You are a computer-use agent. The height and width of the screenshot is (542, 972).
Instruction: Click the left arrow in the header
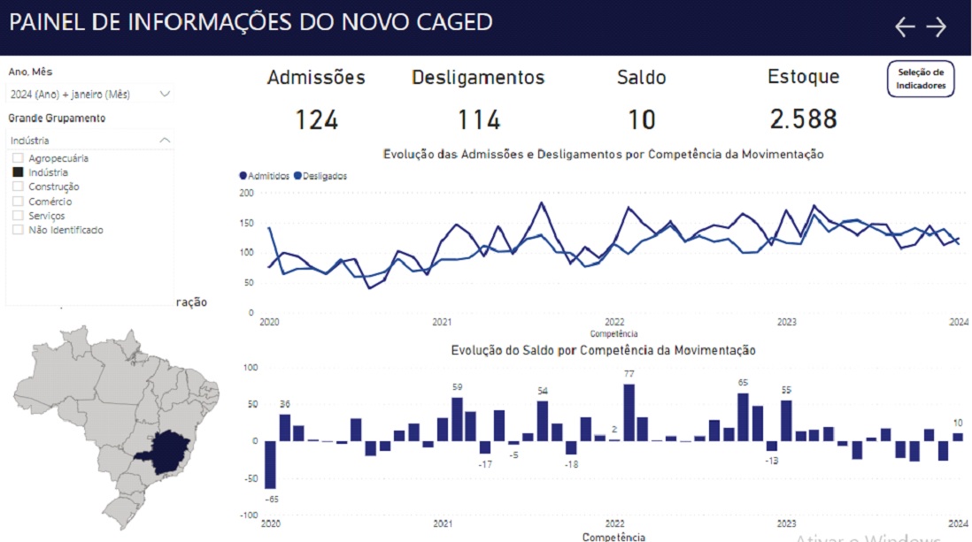[x=904, y=27]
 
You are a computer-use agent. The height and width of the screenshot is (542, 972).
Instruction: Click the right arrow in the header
[x=936, y=27]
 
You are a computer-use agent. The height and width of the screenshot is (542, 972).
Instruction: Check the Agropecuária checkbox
[x=17, y=158]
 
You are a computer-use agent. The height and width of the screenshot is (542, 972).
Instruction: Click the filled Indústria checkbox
[x=17, y=172]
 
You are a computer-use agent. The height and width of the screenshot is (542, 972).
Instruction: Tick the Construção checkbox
[x=17, y=187]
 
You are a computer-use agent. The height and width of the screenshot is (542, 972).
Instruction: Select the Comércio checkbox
[x=17, y=202]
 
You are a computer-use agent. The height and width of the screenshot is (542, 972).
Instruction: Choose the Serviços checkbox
[x=17, y=216]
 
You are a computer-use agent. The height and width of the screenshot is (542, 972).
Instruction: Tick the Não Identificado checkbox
[x=17, y=230]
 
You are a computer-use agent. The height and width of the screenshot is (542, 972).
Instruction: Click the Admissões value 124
[x=316, y=119]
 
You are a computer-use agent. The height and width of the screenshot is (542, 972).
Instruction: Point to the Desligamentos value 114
[x=478, y=119]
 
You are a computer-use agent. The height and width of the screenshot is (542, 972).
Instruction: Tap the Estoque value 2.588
[x=802, y=119]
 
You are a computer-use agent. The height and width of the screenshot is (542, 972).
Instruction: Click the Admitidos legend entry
[x=265, y=176]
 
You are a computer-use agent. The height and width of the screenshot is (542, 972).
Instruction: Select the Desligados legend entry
[x=320, y=176]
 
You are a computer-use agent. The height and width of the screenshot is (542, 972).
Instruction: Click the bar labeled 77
[x=629, y=412]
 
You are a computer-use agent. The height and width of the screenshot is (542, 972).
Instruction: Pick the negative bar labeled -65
[x=270, y=464]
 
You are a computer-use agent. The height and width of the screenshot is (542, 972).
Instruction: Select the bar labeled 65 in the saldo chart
[x=743, y=416]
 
